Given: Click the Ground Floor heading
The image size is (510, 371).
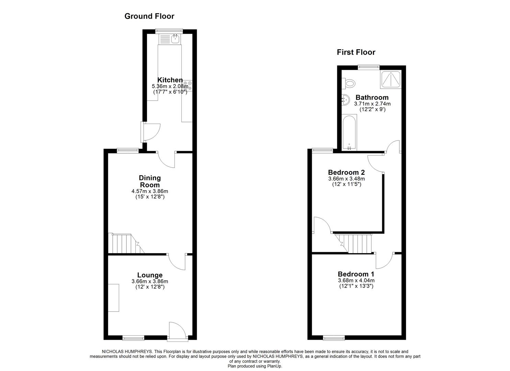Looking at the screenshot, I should point(149,16).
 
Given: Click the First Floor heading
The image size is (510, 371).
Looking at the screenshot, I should point(356,52).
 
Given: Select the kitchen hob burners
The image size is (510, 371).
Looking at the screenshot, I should point(188,85).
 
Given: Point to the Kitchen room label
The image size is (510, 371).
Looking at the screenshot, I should point(170,80).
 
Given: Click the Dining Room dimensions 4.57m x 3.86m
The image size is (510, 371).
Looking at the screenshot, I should point(150,191).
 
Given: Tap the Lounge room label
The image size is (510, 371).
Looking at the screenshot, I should point(150,275).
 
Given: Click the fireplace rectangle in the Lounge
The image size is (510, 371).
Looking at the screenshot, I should point(114,298).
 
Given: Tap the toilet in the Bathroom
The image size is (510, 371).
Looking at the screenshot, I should point(350,83).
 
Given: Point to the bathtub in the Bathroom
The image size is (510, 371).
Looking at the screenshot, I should point(349,133).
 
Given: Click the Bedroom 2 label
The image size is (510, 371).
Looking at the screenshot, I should point(346,172).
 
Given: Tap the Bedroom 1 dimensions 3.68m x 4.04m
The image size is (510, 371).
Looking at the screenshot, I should point(356,280).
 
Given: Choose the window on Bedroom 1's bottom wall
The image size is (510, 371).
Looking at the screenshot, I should point(333,338).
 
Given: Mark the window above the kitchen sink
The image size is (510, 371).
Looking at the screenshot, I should point(169,31).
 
